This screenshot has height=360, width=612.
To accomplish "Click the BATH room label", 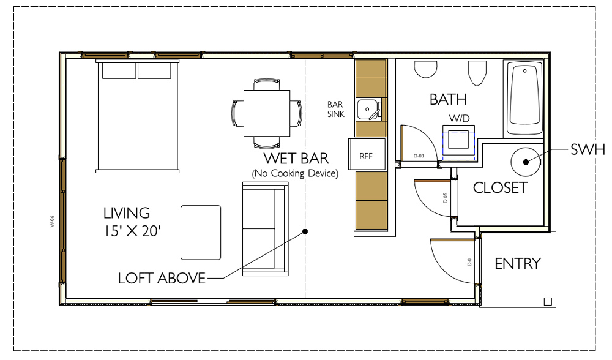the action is [x=448, y=100].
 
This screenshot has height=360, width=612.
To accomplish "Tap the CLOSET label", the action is [x=501, y=188].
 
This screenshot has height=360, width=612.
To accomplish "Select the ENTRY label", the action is [x=518, y=263].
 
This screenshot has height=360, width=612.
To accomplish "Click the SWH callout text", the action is [x=588, y=149].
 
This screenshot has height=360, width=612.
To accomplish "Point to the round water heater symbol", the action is [x=526, y=162].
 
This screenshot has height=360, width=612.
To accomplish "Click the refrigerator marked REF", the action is [x=367, y=154].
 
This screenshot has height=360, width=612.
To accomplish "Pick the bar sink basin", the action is [x=368, y=110].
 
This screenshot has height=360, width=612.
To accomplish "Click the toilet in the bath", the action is [x=477, y=73].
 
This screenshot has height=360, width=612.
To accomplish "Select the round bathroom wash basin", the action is [x=425, y=69].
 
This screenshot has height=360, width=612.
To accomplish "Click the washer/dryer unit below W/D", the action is [x=458, y=143].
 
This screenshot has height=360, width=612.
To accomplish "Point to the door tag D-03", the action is [x=419, y=156].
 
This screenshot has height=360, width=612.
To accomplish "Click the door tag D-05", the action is [x=446, y=198].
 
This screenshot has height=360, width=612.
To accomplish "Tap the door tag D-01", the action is [x=469, y=261].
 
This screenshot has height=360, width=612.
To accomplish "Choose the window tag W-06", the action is [x=52, y=222].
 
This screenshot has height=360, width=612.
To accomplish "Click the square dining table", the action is [x=267, y=113].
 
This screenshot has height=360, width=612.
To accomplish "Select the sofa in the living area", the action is [x=266, y=229].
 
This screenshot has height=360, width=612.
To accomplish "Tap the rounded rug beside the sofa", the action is [x=201, y=232].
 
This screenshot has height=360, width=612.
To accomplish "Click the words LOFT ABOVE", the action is [x=162, y=279].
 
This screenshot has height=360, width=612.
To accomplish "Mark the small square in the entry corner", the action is [x=548, y=301].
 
